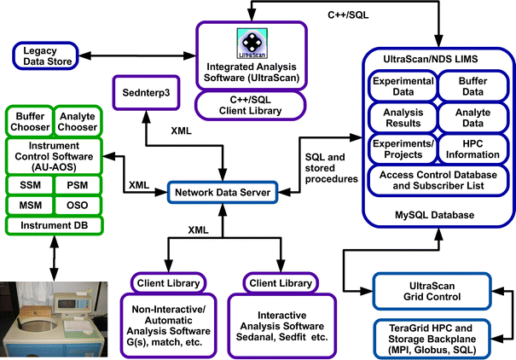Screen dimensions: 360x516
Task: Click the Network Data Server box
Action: point(222,193)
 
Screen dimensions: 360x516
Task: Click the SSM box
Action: point(31,184)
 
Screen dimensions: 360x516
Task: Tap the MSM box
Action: point(31,206)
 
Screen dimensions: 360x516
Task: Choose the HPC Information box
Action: point(474,148)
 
